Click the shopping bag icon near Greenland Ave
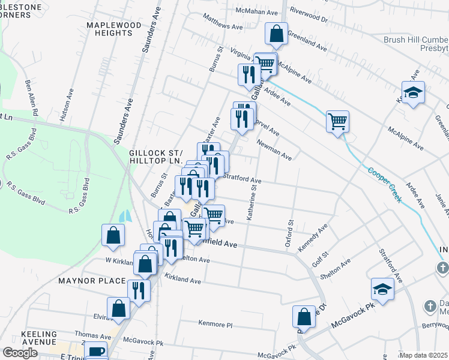pyautogui.click(x=276, y=35)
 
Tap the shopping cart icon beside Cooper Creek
pyautogui.click(x=337, y=121)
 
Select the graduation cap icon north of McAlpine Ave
pyautogui.click(x=413, y=93)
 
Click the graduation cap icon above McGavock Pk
pyautogui.click(x=382, y=290)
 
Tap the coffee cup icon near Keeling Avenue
pyautogui.click(x=95, y=352)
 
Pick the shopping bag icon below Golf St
pyautogui.click(x=304, y=317)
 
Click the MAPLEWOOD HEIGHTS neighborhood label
pyautogui.click(x=113, y=29)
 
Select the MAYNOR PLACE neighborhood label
pyautogui.click(x=92, y=280)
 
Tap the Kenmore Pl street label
pyautogui.click(x=215, y=324)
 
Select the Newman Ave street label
pyautogui.click(x=274, y=150)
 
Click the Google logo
pyautogui.click(x=20, y=353)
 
